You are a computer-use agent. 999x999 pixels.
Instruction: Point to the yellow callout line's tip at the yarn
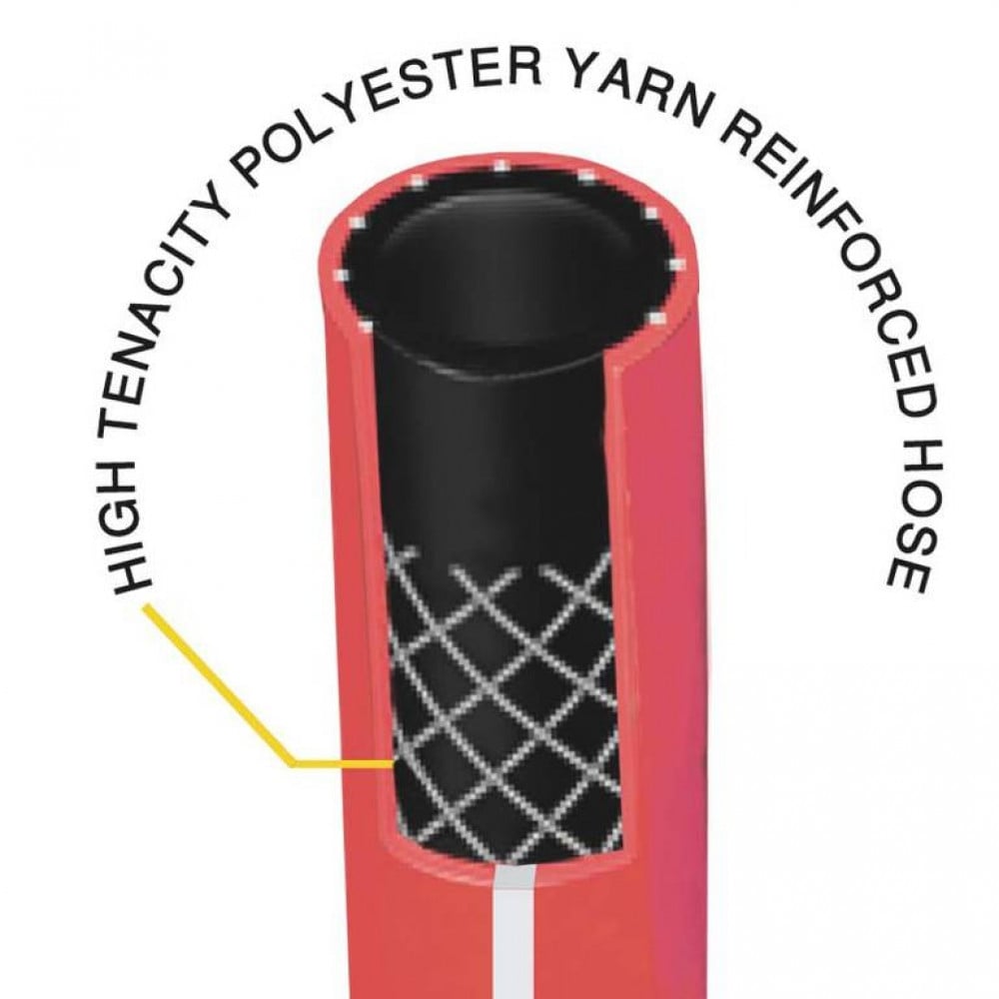pos(393,761)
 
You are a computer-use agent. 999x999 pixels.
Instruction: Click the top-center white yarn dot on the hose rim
pos(500,166)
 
